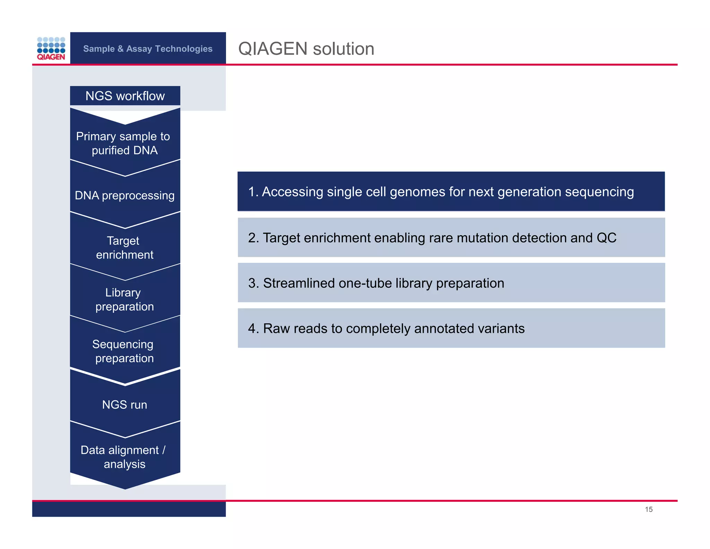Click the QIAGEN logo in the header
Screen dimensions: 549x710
click(x=51, y=49)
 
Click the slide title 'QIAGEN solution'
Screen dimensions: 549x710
click(x=306, y=49)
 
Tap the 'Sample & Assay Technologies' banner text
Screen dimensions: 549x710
click(x=148, y=49)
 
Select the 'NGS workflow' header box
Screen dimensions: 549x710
click(x=125, y=96)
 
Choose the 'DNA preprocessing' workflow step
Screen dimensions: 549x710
click(x=124, y=195)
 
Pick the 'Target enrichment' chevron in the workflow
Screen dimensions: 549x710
click(x=124, y=247)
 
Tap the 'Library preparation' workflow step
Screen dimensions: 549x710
click(x=124, y=299)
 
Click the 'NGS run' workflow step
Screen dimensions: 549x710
click(x=124, y=405)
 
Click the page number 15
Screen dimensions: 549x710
click(x=649, y=509)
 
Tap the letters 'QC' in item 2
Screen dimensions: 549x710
click(x=606, y=238)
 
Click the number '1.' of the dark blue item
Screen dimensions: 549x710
click(x=253, y=192)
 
